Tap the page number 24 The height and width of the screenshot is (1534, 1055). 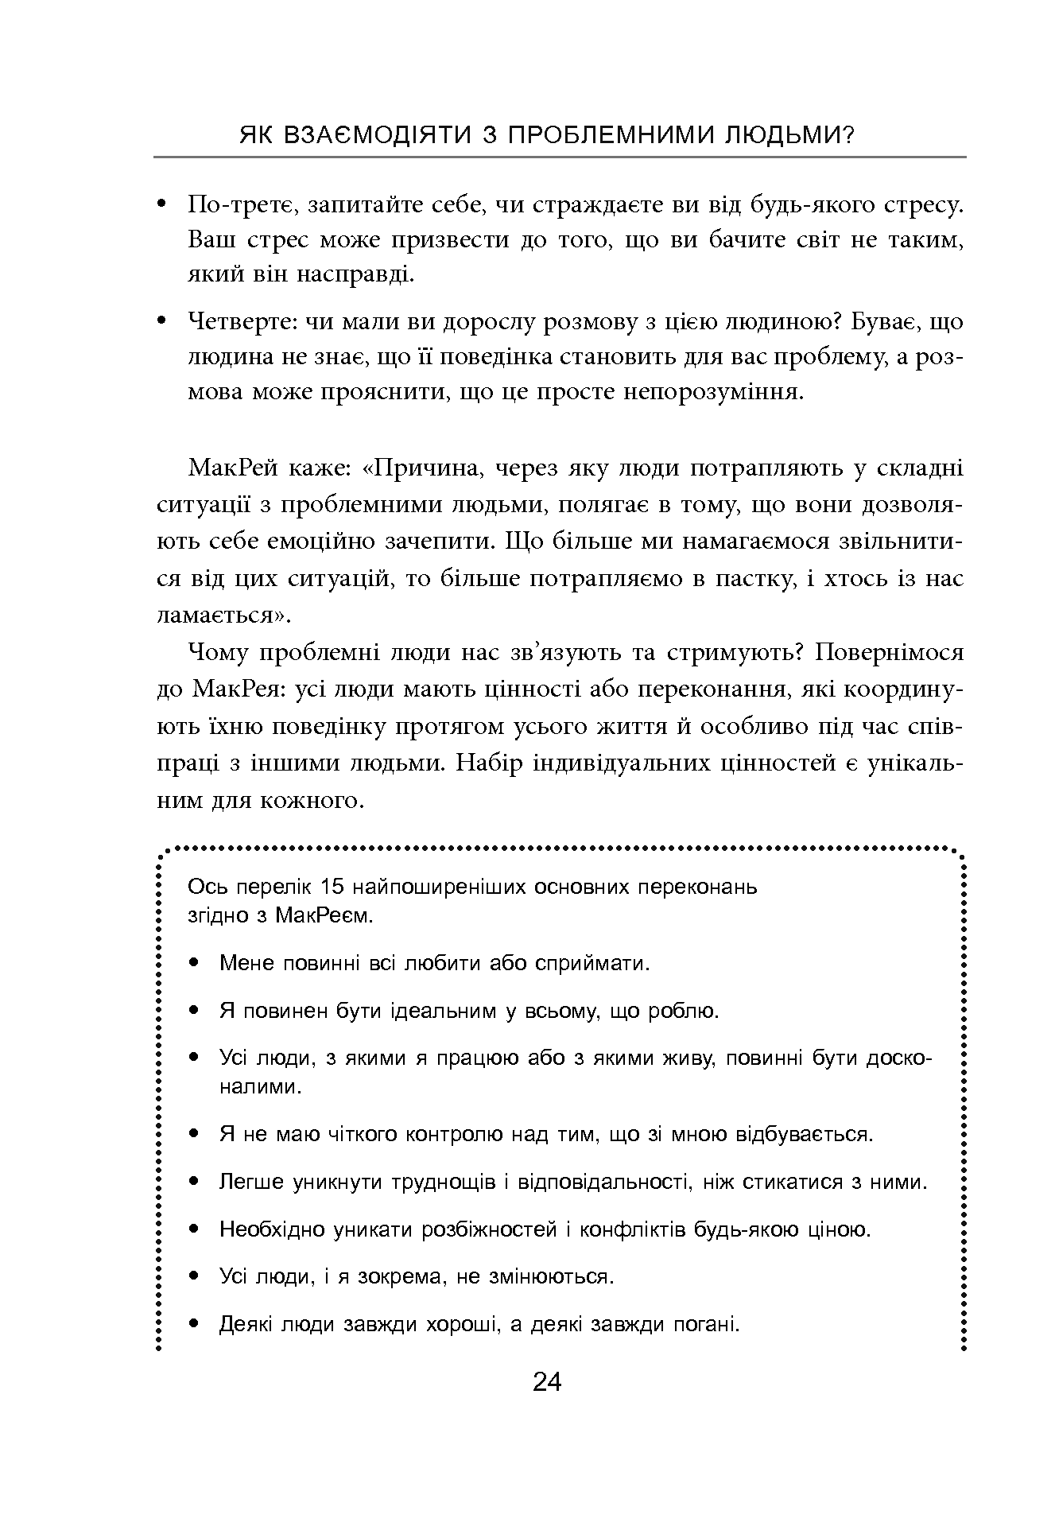pyautogui.click(x=547, y=1382)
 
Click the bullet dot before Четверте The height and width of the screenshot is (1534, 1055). pyautogui.click(x=162, y=321)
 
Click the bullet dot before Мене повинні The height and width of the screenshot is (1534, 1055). pyautogui.click(x=195, y=964)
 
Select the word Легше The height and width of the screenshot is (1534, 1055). pyautogui.click(x=251, y=1183)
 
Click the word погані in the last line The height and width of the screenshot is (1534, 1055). pyautogui.click(x=706, y=1326)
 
